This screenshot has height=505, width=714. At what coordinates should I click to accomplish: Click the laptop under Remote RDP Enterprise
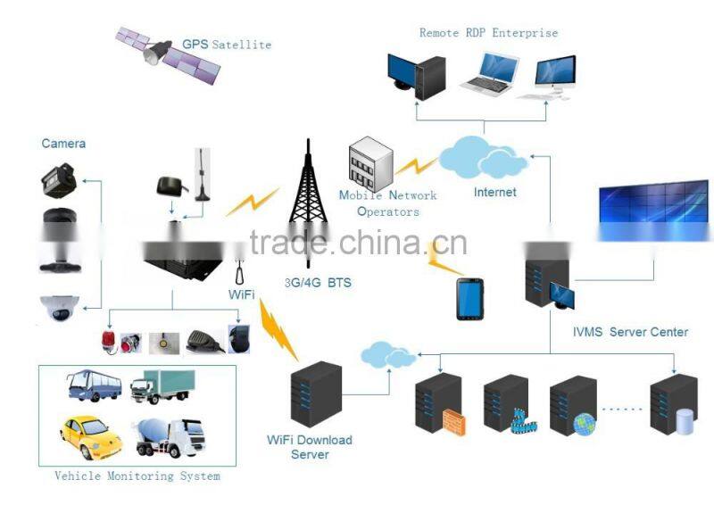(x=487, y=74)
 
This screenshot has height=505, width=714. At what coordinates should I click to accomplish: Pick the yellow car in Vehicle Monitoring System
(x=90, y=435)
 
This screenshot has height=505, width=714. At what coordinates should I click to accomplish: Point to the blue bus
(x=94, y=387)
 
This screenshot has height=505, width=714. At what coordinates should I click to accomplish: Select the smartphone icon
(x=469, y=299)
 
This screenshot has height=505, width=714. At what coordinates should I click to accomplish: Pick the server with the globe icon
(x=574, y=405)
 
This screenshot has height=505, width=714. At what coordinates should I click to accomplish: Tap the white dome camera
(x=59, y=309)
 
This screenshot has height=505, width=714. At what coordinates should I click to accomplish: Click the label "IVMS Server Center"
(x=630, y=332)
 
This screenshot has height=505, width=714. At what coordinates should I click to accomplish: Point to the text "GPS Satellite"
(x=227, y=45)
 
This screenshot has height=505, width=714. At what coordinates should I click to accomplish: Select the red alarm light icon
(x=112, y=340)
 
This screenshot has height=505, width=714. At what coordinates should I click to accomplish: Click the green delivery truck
(x=162, y=386)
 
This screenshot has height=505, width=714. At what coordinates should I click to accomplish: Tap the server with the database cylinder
(x=675, y=405)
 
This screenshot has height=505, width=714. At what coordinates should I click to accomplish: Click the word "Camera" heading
(x=63, y=143)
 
